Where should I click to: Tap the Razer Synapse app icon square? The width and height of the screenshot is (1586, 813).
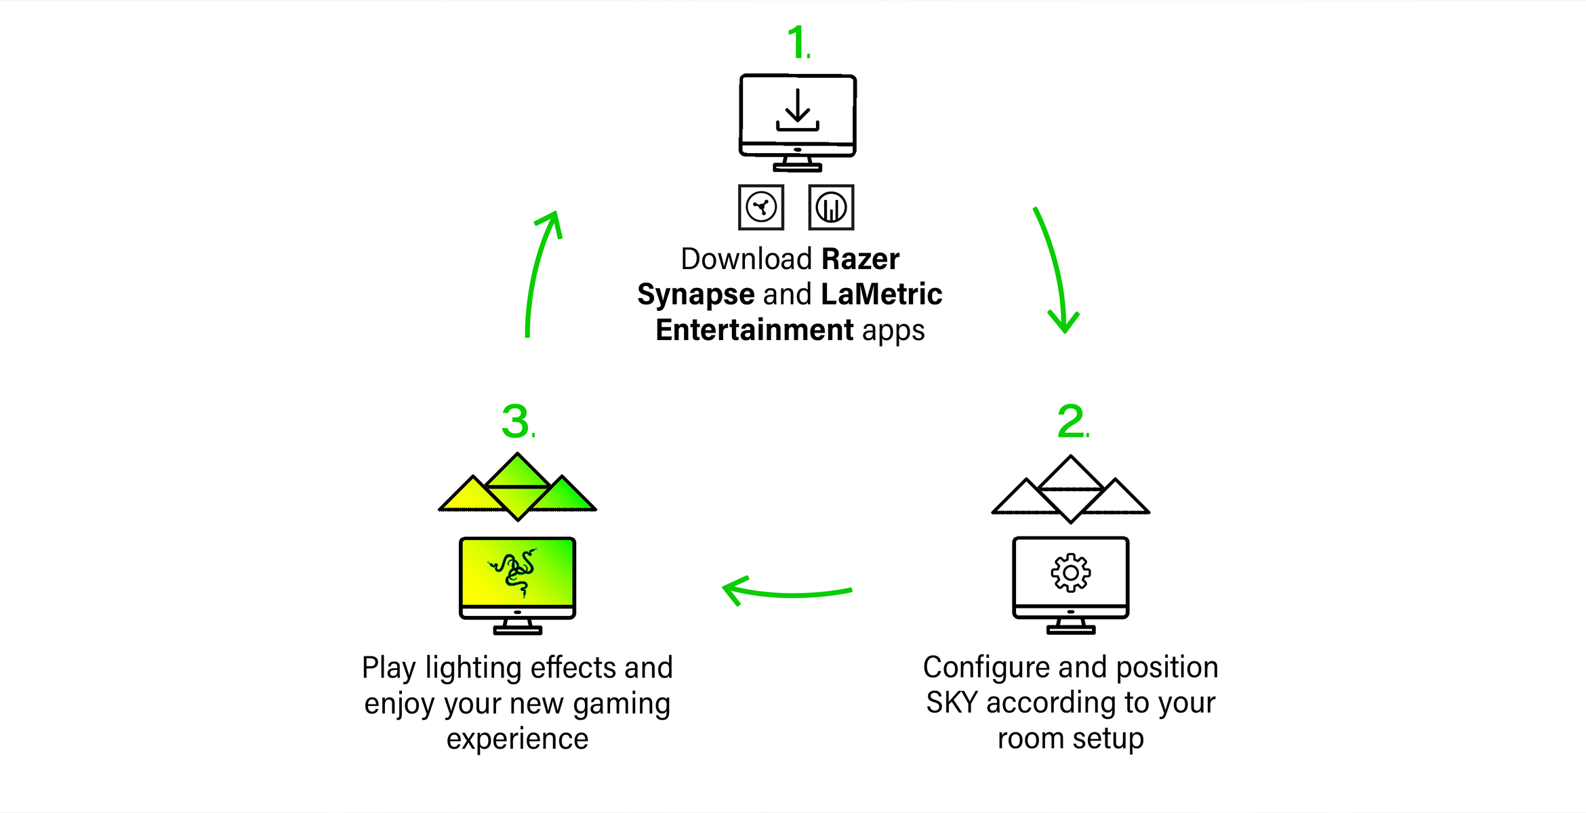point(761,207)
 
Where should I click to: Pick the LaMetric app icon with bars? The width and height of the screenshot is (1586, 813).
point(831,207)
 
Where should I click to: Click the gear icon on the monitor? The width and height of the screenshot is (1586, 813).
point(1071,573)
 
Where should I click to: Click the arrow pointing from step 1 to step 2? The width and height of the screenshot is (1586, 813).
point(1055,271)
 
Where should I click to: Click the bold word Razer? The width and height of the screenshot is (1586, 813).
point(860,259)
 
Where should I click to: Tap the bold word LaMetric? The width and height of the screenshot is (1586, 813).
point(881,295)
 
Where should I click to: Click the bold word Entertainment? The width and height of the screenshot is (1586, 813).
point(754,331)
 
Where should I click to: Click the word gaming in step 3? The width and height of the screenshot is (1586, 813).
point(622,705)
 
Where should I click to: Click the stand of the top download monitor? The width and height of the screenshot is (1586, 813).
point(798,164)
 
